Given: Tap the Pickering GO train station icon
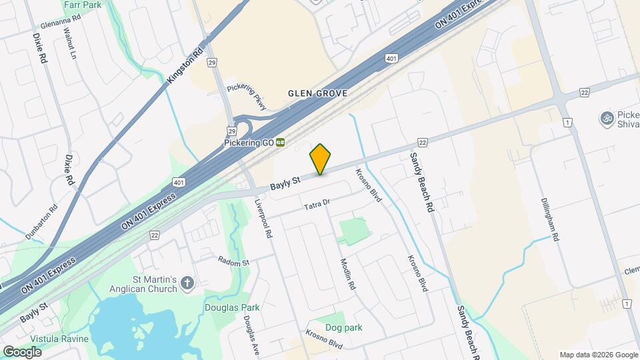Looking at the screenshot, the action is click(281, 142).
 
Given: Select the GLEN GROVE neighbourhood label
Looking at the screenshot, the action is click(317, 93).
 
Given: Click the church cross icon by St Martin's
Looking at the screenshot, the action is click(187, 283).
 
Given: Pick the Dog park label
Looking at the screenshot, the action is click(343, 327).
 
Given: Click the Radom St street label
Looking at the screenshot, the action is click(233, 261).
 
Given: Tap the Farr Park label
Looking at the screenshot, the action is click(82, 5).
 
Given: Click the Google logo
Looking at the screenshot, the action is click(23, 351).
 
